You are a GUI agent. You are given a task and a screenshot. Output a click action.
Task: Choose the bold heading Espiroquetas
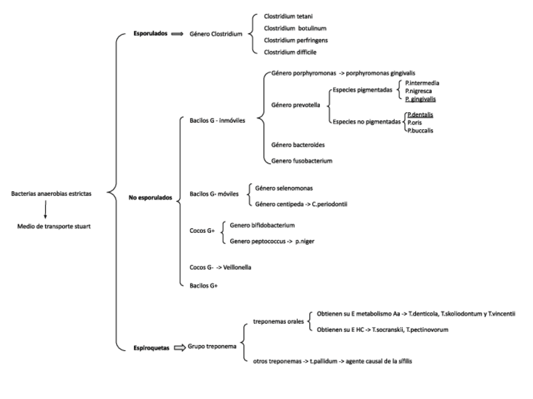click(150, 346)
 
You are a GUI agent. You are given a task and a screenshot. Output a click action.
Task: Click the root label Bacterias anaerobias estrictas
click(52, 194)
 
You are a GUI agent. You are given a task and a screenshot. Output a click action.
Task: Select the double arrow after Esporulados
click(176, 35)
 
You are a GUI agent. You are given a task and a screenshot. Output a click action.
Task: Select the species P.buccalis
click(421, 130)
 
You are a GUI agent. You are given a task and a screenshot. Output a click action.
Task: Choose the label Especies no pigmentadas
click(367, 122)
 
